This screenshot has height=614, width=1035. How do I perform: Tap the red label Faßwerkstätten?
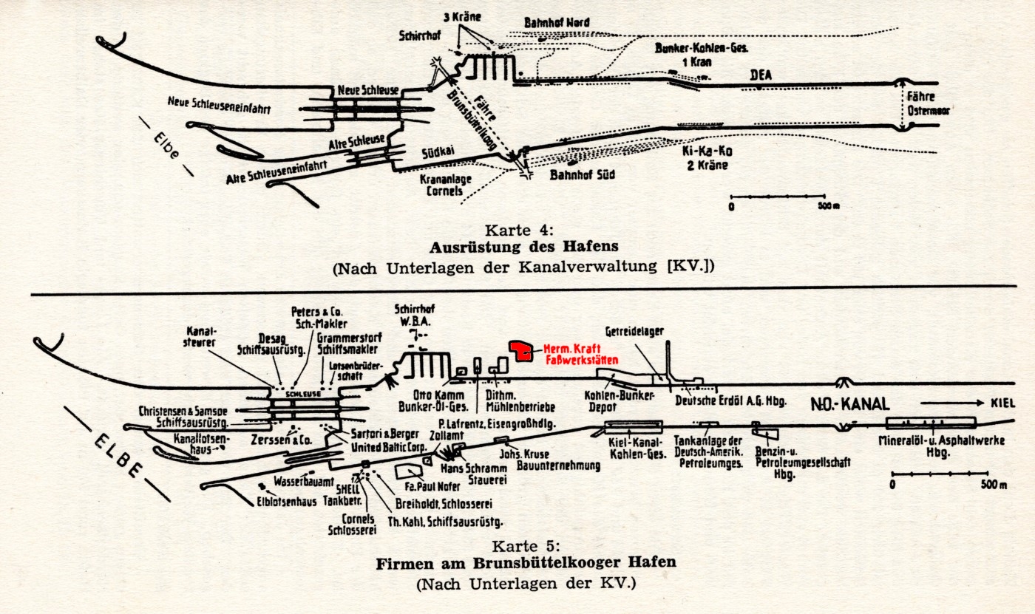[x=580, y=360]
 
